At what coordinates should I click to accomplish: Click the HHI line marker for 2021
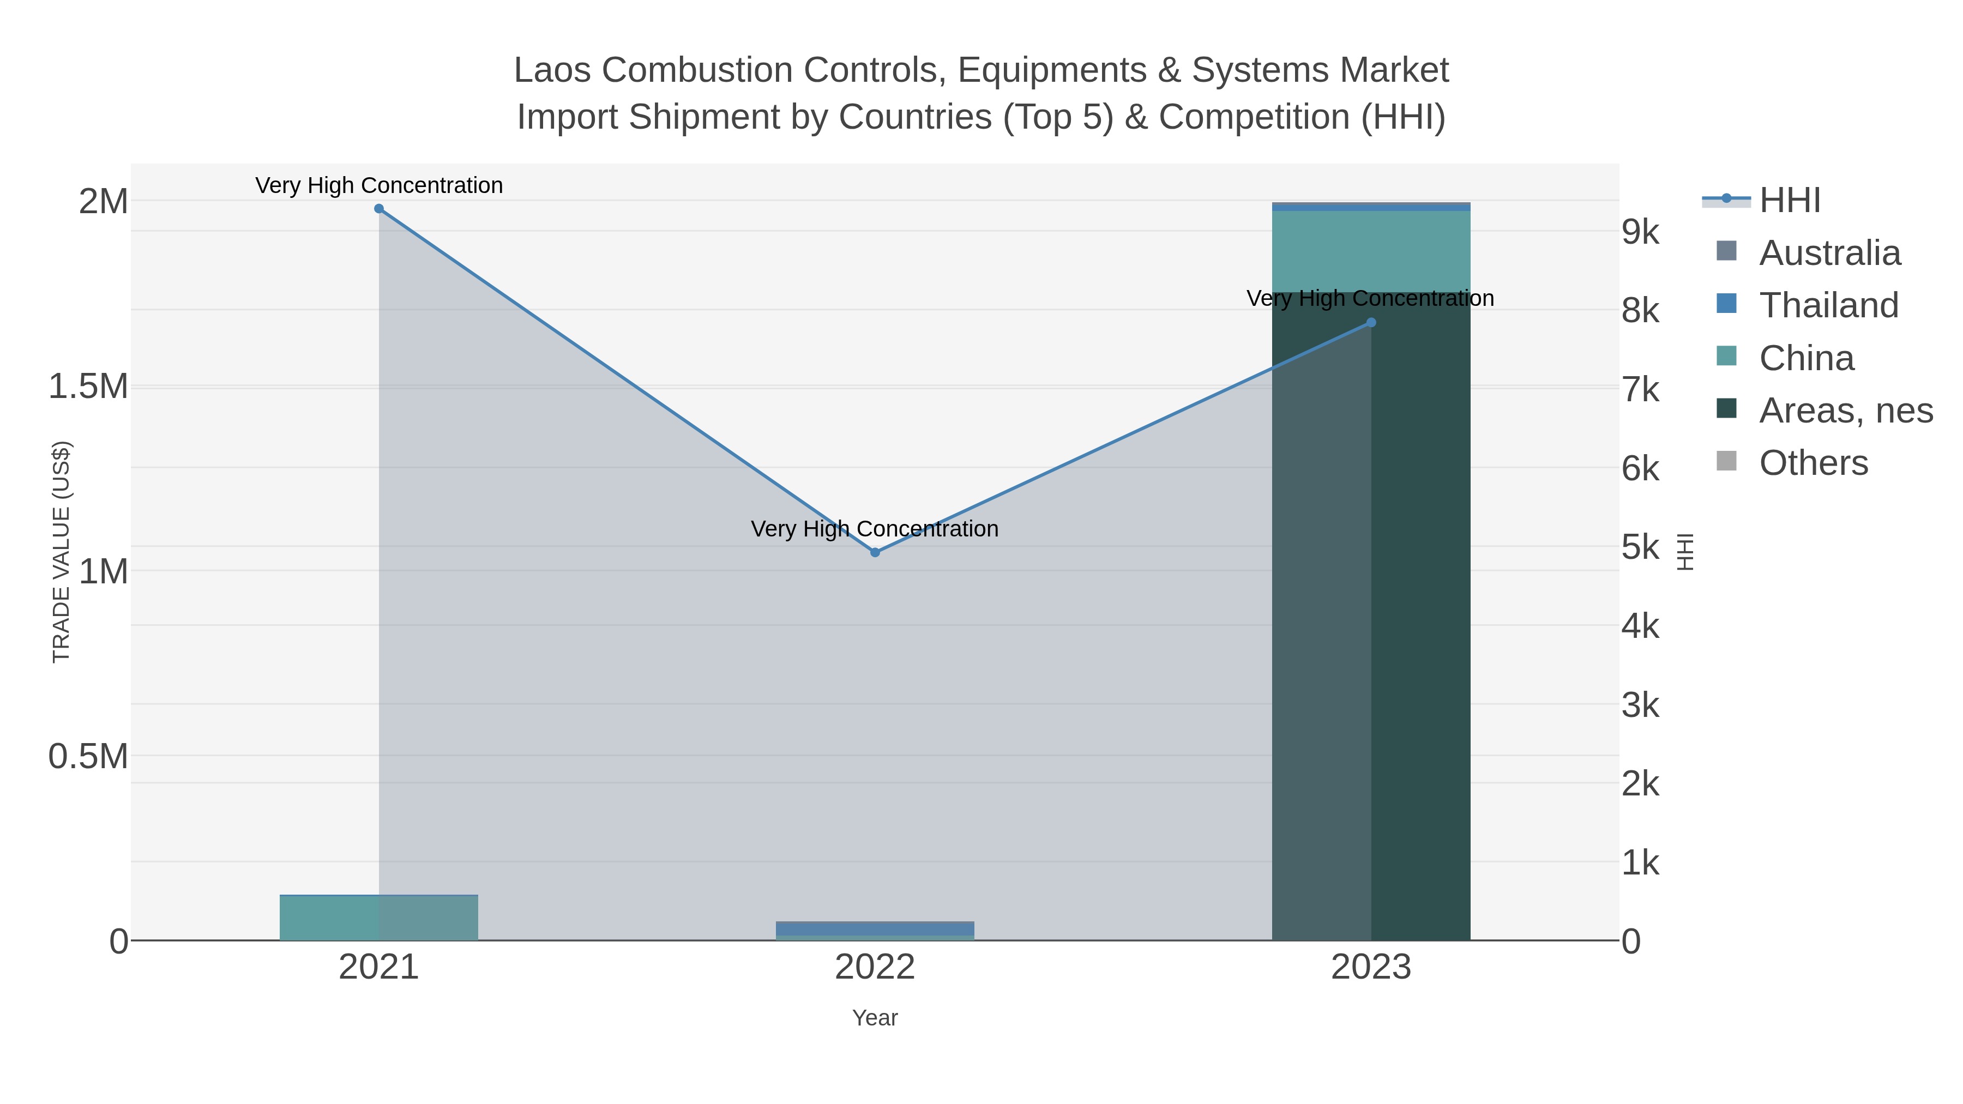click(x=379, y=209)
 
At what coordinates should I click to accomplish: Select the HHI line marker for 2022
click(x=875, y=552)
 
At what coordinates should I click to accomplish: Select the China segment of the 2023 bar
click(x=1371, y=251)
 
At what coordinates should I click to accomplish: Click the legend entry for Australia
click(x=1829, y=253)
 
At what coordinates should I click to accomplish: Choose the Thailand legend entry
click(x=1828, y=305)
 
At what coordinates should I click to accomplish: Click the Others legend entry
click(x=1813, y=463)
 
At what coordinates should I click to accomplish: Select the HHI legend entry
click(x=1789, y=201)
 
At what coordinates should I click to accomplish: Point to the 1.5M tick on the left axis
click(x=88, y=387)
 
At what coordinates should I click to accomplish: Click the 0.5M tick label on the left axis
click(x=88, y=757)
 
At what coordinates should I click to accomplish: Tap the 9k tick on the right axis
click(x=1640, y=232)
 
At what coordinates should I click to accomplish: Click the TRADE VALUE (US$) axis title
click(x=61, y=552)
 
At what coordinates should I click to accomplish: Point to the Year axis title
click(x=875, y=1018)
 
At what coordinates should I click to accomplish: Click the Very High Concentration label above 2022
click(x=875, y=529)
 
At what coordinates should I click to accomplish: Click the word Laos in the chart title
click(x=552, y=71)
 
